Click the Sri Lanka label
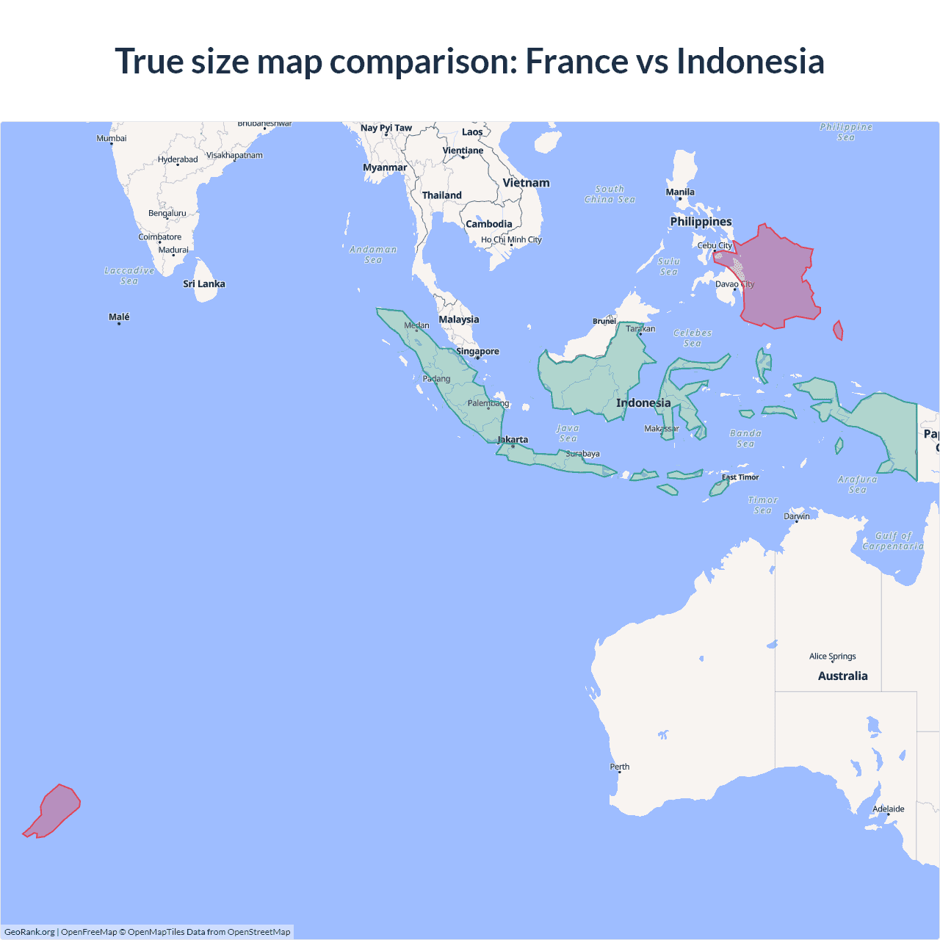tap(204, 284)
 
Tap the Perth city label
tap(620, 767)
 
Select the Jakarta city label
tap(513, 440)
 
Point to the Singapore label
tap(477, 351)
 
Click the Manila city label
tap(680, 192)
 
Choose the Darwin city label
tap(797, 516)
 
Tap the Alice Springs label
tap(832, 657)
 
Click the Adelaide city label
tap(888, 809)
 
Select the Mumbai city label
tap(112, 138)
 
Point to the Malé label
tap(119, 317)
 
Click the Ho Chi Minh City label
tap(511, 239)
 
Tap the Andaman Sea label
tap(373, 255)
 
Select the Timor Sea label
tap(763, 505)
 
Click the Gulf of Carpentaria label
tap(893, 541)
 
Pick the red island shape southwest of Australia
tap(54, 811)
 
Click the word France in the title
tap(576, 61)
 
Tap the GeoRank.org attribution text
tap(29, 932)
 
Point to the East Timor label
tap(740, 477)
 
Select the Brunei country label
tap(604, 321)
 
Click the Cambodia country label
tap(489, 224)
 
